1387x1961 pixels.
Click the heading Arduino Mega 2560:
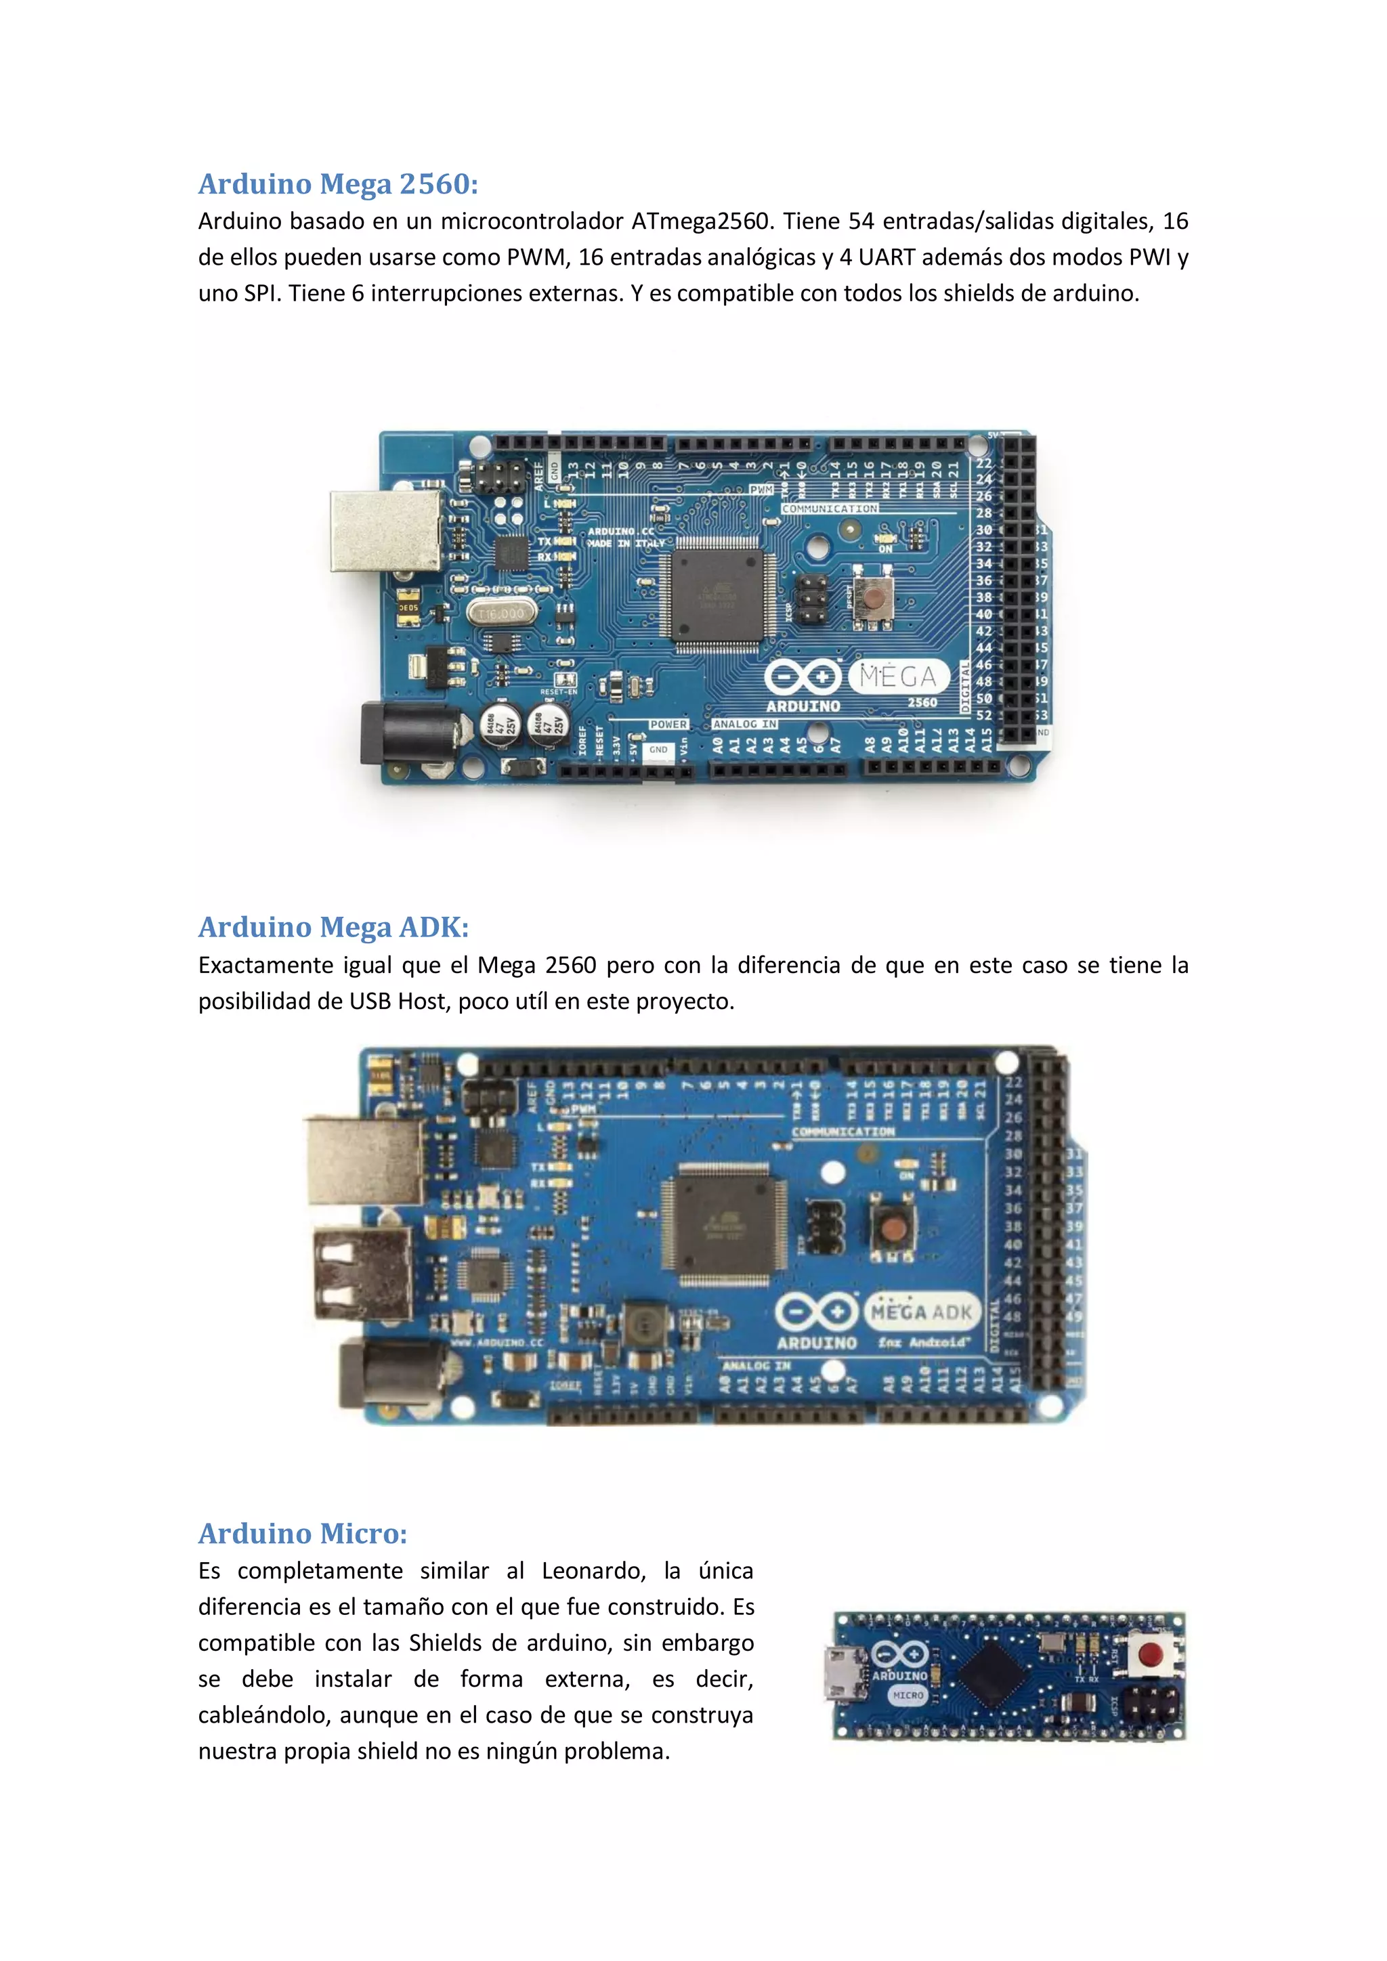tap(338, 184)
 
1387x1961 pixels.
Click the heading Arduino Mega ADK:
tap(333, 927)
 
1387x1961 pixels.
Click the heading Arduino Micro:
tap(302, 1533)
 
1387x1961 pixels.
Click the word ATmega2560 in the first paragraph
tap(700, 221)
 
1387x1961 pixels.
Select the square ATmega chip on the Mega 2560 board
tap(717, 596)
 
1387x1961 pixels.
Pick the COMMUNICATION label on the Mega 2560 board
tap(830, 509)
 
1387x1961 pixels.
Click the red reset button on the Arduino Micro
tap(1151, 1655)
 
